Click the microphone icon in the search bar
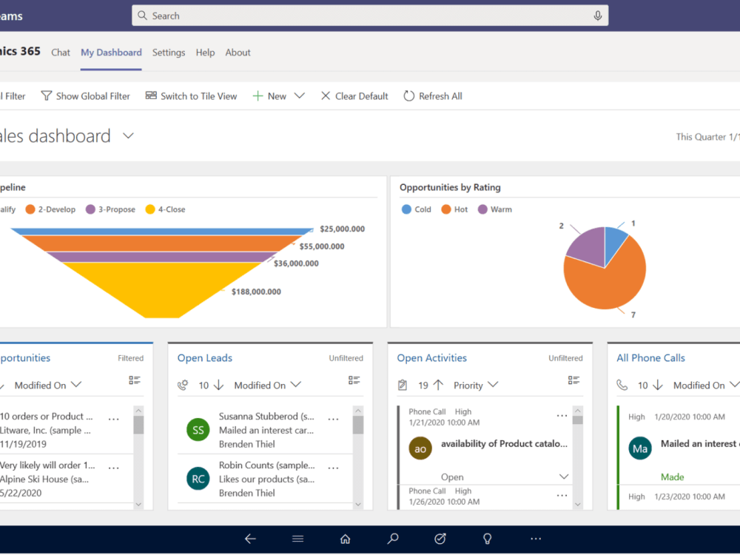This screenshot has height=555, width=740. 597,16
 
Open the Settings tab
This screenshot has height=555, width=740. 169,53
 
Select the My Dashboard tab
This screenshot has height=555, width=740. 111,53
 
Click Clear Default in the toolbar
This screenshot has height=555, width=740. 354,96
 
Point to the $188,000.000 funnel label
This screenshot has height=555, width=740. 256,292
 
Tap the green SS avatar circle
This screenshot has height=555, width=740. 198,430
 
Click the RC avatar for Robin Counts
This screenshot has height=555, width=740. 198,479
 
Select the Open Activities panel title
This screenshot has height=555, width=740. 431,358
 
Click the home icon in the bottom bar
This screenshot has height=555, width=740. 345,539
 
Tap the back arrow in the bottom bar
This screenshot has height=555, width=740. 250,539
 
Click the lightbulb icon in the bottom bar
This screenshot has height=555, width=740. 488,539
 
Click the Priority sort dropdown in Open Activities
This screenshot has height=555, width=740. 476,386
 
